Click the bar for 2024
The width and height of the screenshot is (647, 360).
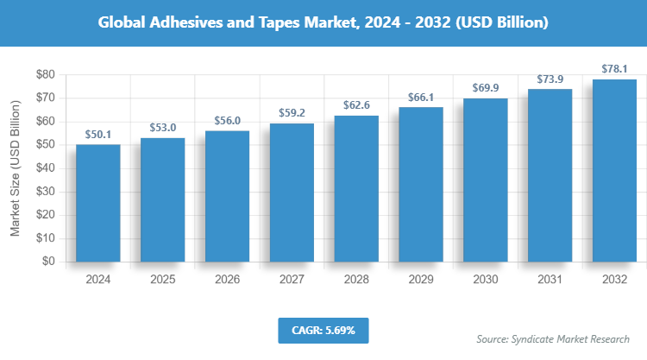point(98,203)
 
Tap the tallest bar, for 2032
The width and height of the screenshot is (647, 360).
point(614,170)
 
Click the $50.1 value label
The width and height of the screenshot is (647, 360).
point(98,135)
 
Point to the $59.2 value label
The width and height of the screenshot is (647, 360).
point(292,113)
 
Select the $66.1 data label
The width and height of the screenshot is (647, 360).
point(421,98)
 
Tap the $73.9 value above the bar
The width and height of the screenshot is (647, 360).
point(550,79)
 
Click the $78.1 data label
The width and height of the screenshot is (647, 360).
point(614,69)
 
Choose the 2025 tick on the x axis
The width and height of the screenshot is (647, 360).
point(163,280)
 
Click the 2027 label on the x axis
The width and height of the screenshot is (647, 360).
point(292,280)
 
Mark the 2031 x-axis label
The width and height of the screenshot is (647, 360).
point(550,280)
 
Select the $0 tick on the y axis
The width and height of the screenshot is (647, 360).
point(48,262)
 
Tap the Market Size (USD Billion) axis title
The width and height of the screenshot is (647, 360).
point(16,168)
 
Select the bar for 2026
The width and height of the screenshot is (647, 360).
point(228,196)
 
